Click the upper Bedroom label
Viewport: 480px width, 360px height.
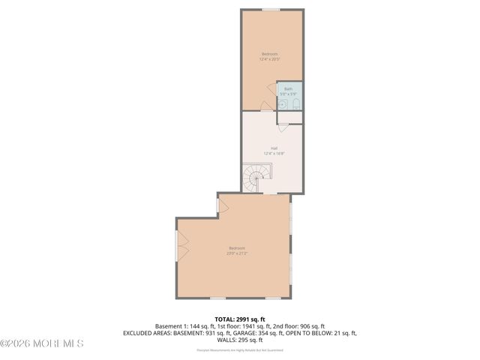pyautogui.click(x=268, y=54)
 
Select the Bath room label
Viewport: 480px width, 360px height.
pyautogui.click(x=288, y=88)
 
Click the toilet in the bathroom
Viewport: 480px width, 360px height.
pyautogui.click(x=295, y=103)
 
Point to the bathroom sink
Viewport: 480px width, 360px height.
pyautogui.click(x=283, y=105)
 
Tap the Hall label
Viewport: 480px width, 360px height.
pyautogui.click(x=274, y=148)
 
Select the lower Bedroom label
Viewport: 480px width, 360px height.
pyautogui.click(x=236, y=248)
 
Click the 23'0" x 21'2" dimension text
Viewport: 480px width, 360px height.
pyautogui.click(x=236, y=253)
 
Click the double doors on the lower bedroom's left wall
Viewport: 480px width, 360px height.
pyautogui.click(x=178, y=247)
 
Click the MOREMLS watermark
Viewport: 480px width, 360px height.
pyautogui.click(x=42, y=343)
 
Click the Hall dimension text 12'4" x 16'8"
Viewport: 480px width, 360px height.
pyautogui.click(x=274, y=154)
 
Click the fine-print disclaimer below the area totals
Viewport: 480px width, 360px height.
pyautogui.click(x=239, y=349)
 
